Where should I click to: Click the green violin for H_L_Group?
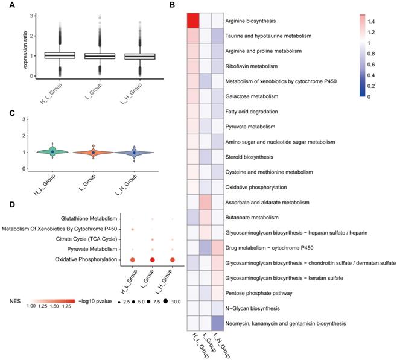[x=52, y=152]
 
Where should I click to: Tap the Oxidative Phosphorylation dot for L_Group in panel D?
[x=153, y=260]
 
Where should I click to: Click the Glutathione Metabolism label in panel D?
[x=89, y=218]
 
